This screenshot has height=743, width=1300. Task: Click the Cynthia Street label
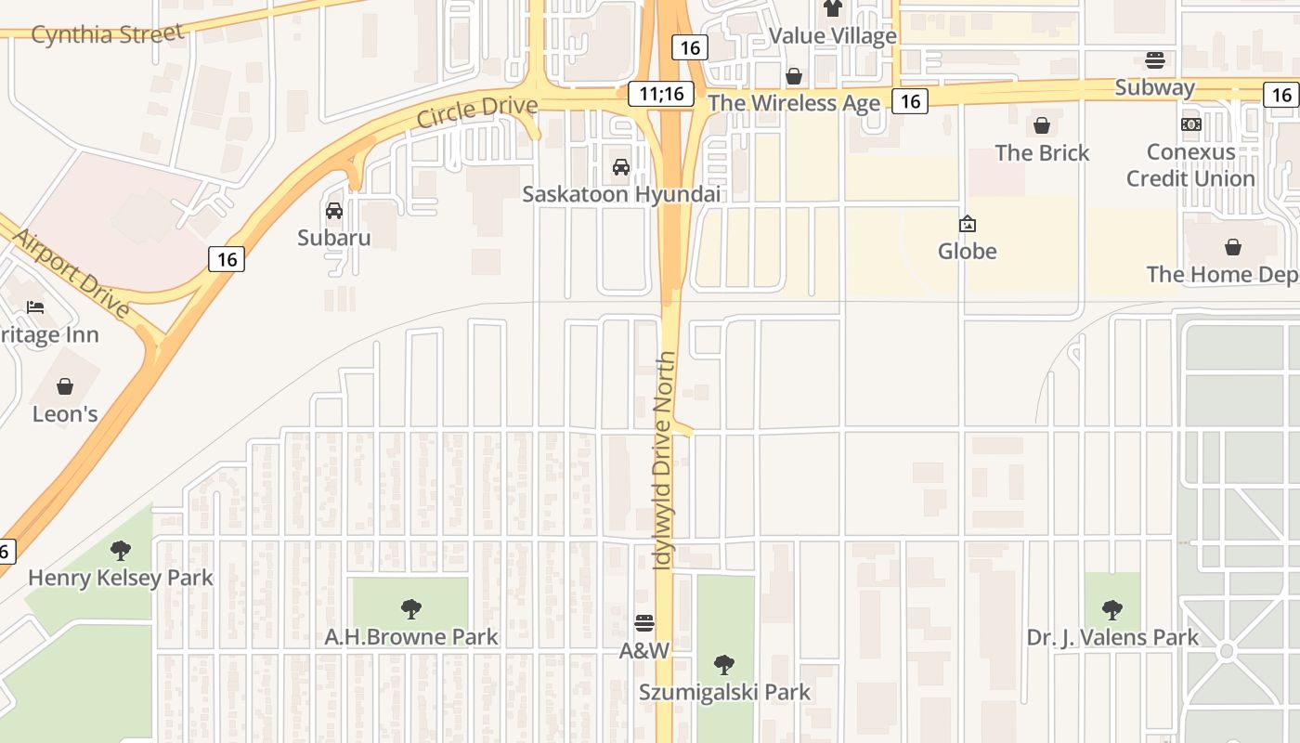[108, 34]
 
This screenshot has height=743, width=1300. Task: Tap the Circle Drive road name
[476, 111]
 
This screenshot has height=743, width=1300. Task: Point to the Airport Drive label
[70, 272]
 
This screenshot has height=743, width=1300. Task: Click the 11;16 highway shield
[661, 94]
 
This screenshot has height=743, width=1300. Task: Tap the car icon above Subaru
[334, 211]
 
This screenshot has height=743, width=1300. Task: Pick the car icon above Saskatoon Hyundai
[621, 167]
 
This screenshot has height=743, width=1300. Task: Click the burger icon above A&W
[644, 622]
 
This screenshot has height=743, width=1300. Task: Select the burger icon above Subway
[1155, 60]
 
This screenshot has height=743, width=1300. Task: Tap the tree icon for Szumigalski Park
[724, 665]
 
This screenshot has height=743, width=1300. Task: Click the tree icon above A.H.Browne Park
[411, 609]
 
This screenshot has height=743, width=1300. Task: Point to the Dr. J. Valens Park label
[1112, 637]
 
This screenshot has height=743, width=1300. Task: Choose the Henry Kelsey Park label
[121, 578]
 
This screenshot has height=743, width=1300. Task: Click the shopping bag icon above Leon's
[65, 386]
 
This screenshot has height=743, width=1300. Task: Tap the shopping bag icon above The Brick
[1042, 125]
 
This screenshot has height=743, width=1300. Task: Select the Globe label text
[967, 251]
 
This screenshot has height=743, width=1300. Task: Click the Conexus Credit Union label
[1190, 164]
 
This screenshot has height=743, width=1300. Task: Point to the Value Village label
[833, 36]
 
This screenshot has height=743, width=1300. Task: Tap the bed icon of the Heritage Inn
[35, 307]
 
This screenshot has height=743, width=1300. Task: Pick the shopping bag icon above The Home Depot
[1233, 247]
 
